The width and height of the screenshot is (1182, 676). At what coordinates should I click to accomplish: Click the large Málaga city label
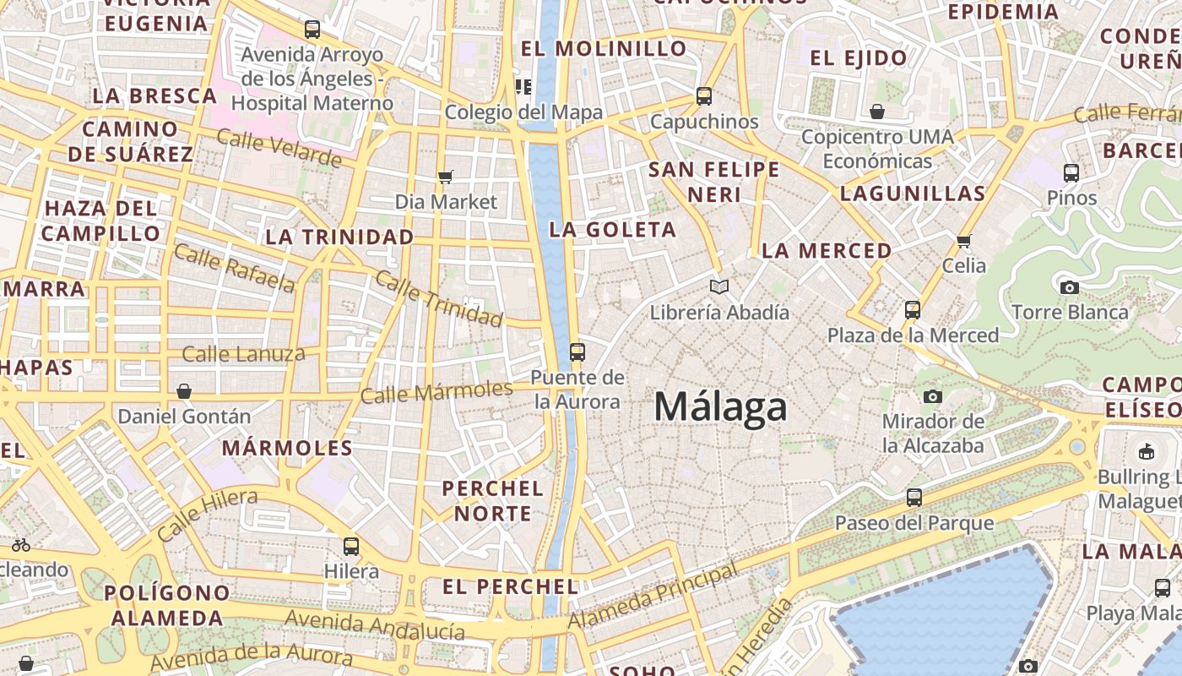pyautogui.click(x=720, y=407)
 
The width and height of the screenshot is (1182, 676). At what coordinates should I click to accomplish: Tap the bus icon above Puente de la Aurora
pyautogui.click(x=577, y=352)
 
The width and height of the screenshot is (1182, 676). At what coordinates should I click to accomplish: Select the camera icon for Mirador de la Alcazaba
pyautogui.click(x=933, y=396)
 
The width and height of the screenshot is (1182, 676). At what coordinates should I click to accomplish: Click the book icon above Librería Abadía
pyautogui.click(x=718, y=287)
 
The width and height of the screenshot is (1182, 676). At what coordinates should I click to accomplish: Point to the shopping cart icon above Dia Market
pyautogui.click(x=446, y=177)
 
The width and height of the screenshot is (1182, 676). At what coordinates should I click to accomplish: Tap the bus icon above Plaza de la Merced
pyautogui.click(x=913, y=309)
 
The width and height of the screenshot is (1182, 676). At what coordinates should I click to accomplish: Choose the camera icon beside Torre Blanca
pyautogui.click(x=1070, y=287)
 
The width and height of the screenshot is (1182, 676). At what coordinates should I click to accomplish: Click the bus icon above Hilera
pyautogui.click(x=351, y=546)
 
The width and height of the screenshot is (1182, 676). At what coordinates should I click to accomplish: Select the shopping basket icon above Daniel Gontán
pyautogui.click(x=184, y=391)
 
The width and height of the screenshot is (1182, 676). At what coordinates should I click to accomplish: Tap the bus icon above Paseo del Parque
pyautogui.click(x=914, y=497)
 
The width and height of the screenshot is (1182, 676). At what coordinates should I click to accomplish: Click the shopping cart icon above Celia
pyautogui.click(x=964, y=241)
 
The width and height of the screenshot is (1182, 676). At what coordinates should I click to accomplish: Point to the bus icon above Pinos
pyautogui.click(x=1071, y=173)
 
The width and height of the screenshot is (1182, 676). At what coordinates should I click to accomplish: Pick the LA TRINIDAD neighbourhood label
pyautogui.click(x=339, y=237)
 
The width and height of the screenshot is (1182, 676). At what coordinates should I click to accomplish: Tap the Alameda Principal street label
pyautogui.click(x=653, y=597)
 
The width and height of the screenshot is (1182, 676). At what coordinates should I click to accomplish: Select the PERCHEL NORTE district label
pyautogui.click(x=493, y=500)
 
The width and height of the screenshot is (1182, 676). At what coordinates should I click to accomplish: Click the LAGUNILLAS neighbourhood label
pyautogui.click(x=913, y=194)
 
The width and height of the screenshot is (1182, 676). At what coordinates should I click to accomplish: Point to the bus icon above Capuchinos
pyautogui.click(x=704, y=96)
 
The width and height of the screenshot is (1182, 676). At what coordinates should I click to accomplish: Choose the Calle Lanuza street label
pyautogui.click(x=243, y=353)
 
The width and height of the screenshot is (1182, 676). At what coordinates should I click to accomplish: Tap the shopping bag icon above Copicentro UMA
pyautogui.click(x=877, y=112)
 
